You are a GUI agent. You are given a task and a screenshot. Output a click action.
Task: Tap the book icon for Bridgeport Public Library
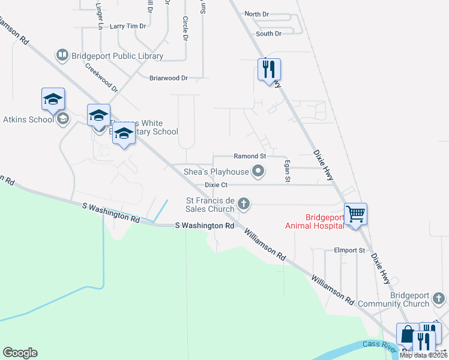[62, 56]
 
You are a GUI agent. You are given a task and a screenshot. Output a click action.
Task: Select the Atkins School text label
[28, 119]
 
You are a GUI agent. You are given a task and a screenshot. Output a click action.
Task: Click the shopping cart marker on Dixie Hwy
[356, 214]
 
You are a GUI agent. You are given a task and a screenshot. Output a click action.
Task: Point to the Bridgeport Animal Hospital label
[316, 221]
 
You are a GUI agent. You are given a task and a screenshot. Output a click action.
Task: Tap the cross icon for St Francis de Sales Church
[244, 204]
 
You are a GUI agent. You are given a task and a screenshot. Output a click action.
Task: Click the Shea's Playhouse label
[216, 172]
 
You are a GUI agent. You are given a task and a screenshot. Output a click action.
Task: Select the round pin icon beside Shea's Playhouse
[259, 172]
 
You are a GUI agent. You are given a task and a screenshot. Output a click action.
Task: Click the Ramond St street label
[250, 156]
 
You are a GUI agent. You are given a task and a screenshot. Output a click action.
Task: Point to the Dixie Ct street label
[216, 185]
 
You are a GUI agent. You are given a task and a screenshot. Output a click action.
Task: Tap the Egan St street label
[288, 171]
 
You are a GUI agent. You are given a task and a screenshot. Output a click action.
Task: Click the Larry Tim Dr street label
[128, 26]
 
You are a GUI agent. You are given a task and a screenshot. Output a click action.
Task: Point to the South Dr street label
[268, 34]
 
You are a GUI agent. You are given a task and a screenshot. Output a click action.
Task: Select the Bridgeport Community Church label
[401, 299]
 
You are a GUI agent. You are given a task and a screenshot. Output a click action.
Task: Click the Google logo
[20, 353]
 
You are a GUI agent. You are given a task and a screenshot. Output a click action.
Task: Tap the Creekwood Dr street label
[101, 79]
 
